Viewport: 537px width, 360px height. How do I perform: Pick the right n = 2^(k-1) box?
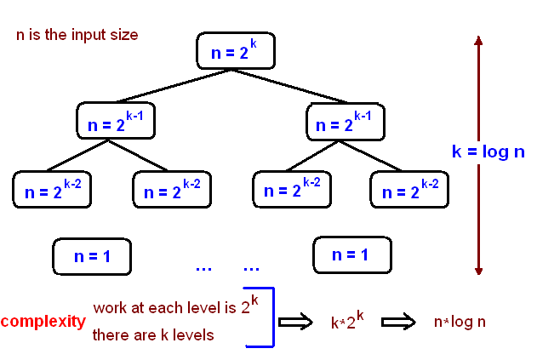345,122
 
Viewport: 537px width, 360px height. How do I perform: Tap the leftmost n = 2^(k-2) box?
51,189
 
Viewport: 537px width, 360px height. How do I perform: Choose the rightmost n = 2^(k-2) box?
408,189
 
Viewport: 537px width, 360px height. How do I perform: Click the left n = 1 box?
92,254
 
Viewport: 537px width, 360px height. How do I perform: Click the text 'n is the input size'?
77,36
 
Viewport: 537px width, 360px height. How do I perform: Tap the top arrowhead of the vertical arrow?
478,40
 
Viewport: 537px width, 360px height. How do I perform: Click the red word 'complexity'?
43,322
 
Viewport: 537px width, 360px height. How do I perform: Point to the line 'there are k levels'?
153,335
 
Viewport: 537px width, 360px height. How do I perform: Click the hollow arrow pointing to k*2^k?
296,322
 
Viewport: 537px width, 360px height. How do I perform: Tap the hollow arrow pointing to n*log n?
397,322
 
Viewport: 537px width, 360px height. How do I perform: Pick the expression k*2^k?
347,322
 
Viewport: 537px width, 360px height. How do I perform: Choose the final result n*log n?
460,323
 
